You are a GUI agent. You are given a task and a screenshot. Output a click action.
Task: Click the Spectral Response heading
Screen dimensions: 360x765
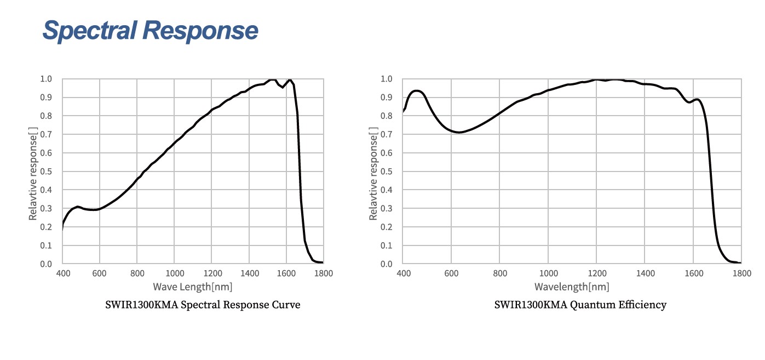click(150, 31)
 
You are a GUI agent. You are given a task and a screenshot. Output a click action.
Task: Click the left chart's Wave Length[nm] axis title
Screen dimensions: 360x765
click(192, 287)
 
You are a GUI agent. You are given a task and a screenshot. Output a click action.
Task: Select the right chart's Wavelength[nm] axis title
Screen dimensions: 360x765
click(572, 287)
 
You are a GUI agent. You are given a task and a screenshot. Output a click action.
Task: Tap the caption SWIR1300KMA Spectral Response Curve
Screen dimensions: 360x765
click(203, 305)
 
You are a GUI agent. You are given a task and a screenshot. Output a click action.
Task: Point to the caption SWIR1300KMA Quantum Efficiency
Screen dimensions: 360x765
click(580, 305)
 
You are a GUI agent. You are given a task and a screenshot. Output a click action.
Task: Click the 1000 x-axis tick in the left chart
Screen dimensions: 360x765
click(174, 273)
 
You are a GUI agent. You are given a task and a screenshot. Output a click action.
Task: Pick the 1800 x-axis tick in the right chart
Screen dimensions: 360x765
click(741, 273)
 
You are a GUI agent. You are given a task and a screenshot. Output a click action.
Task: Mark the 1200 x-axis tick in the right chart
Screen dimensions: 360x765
click(597, 273)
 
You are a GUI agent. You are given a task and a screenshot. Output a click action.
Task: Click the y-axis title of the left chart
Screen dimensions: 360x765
click(33, 172)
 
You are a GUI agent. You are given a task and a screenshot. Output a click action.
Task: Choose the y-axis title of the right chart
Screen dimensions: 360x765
click(374, 172)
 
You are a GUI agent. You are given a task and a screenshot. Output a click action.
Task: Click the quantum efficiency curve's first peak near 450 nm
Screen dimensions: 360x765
click(417, 90)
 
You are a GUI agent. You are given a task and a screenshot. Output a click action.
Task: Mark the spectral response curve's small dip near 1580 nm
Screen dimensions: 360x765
click(283, 87)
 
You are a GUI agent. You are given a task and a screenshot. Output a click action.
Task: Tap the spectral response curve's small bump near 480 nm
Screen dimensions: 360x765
click(78, 207)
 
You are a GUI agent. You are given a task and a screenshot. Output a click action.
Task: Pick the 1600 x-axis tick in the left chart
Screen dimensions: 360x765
click(286, 273)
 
